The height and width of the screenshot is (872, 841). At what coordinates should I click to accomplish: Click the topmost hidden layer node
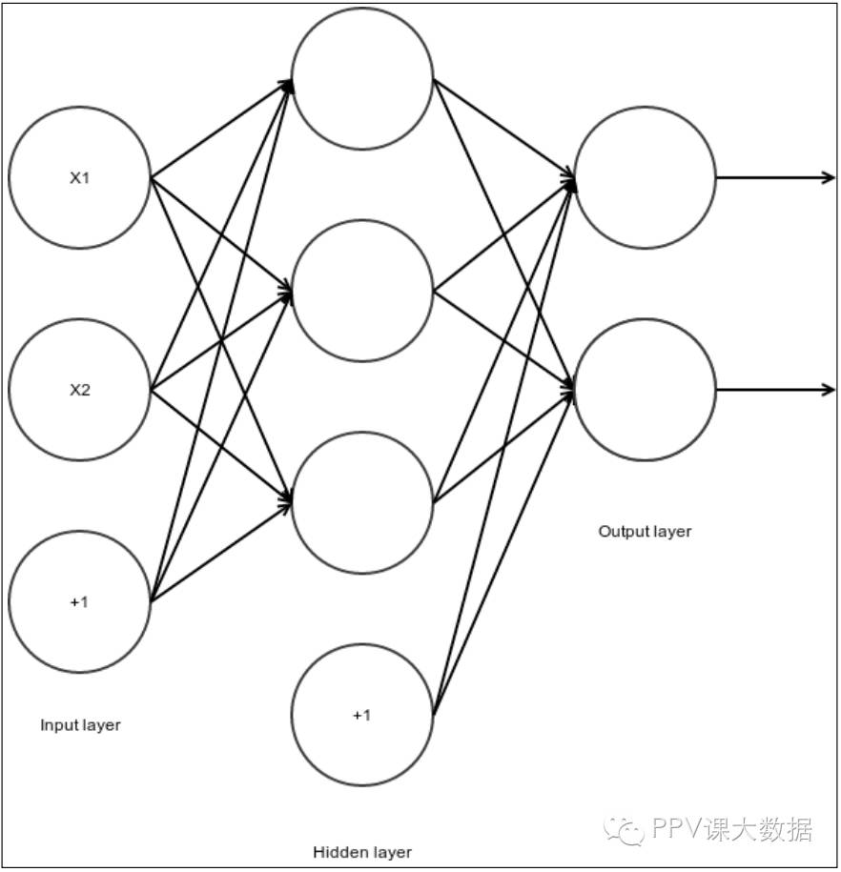362,78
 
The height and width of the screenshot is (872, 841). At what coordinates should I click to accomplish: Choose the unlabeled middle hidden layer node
362,291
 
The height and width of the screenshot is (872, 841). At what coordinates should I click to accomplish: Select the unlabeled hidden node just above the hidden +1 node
362,502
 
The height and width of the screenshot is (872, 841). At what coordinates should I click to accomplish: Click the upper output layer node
646,177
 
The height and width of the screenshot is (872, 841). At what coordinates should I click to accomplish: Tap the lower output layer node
646,390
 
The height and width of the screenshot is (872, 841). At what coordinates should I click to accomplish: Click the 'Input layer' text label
80,725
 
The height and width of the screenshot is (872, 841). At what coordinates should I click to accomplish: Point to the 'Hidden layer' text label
362,852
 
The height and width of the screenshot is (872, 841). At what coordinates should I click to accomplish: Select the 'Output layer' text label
645,531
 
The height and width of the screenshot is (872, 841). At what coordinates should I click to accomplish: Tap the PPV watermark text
731,829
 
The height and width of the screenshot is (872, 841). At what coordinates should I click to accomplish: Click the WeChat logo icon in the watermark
626,829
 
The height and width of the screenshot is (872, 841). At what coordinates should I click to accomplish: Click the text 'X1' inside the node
80,177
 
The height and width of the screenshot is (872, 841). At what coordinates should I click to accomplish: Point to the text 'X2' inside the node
80,390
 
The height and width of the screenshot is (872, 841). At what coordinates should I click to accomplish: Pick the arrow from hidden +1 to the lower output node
503,551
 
